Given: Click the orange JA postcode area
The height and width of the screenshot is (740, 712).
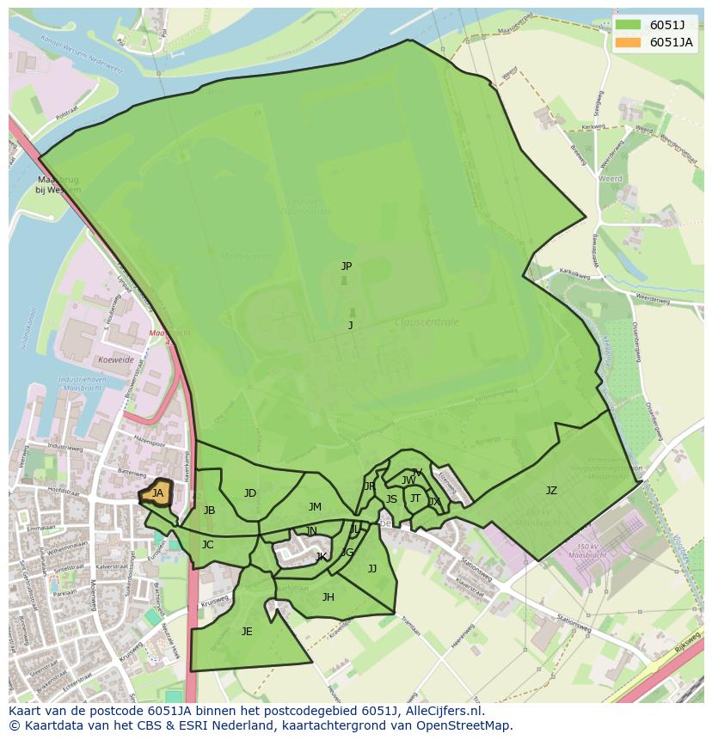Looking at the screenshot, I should coord(157,493).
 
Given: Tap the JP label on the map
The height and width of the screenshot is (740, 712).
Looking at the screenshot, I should coord(346,266).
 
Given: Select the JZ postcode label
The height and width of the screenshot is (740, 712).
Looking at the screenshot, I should coord(551,491).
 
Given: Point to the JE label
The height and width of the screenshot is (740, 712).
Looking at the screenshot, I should coord(247,631).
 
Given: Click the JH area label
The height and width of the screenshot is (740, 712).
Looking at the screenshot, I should coord(328,597).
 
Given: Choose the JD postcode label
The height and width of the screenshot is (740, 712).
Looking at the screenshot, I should coord(249,493).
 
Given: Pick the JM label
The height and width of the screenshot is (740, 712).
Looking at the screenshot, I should coord(315,507).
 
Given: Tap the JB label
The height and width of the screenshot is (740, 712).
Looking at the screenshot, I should coord(209,511).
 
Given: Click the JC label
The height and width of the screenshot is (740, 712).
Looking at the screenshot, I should coord(207,545).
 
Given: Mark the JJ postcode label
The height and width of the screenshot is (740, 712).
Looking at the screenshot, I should coord(372,568).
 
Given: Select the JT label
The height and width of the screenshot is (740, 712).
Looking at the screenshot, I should coord(415,498).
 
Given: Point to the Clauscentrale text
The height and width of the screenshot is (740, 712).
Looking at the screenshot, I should coord(427,322).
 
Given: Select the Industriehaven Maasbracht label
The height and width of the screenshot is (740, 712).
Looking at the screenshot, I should coord(83,383).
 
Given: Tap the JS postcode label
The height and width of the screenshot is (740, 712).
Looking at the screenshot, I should coord(391,499).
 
